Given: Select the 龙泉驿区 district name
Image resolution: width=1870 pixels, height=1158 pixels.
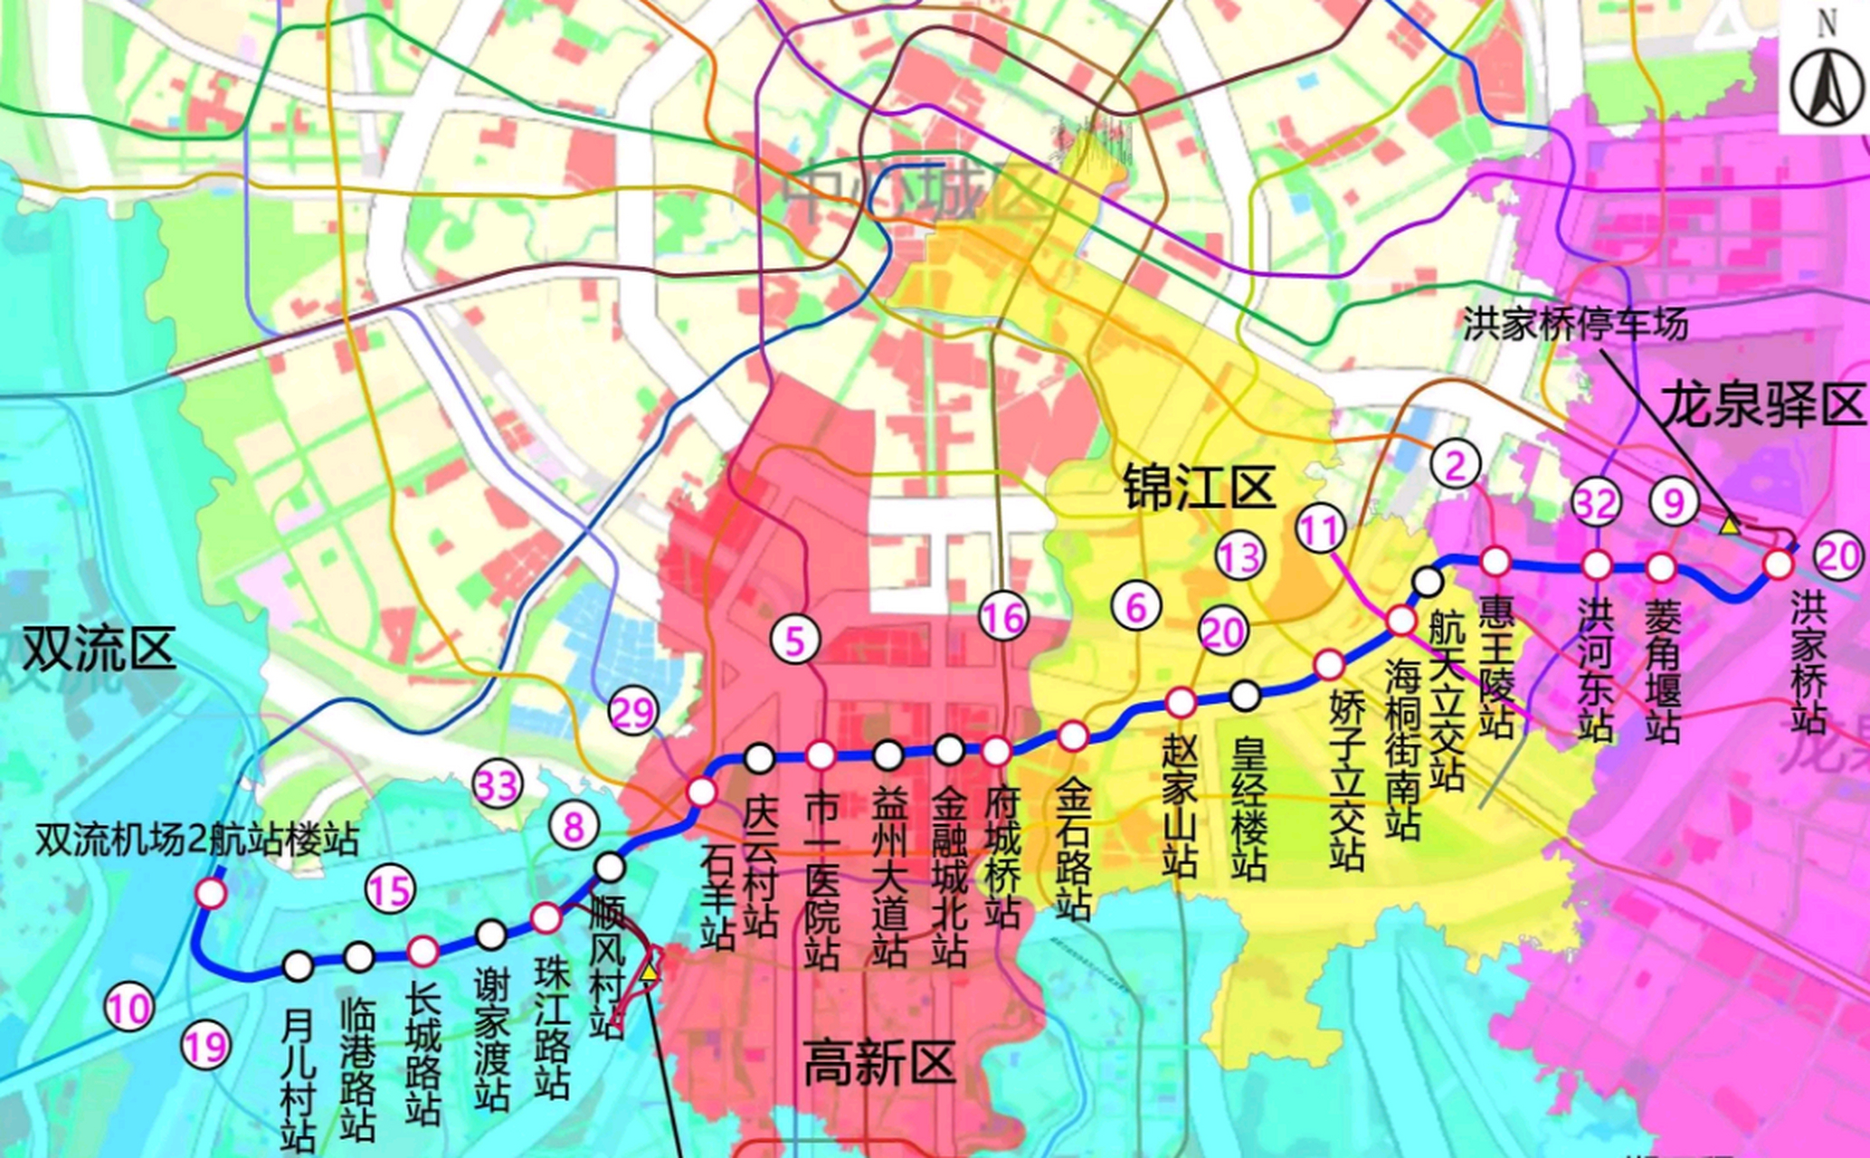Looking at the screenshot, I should [1763, 404].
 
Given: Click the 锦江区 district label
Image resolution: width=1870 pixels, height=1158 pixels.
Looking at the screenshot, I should [1199, 488].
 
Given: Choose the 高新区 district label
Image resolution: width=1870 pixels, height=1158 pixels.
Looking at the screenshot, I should [879, 1062].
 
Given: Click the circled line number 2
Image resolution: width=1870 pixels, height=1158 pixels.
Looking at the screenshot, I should [1456, 464].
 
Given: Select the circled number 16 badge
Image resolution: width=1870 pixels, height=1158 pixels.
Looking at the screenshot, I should [1003, 619].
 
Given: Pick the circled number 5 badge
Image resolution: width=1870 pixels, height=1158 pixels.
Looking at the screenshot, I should [794, 641].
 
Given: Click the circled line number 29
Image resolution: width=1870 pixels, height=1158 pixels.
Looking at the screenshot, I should [633, 713].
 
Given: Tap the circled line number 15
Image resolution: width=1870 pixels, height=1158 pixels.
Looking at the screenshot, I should [390, 890].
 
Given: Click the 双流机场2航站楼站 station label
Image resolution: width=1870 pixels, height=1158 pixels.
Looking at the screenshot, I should [196, 840].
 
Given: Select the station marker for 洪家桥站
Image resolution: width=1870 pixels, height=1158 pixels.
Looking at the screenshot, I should [1778, 564].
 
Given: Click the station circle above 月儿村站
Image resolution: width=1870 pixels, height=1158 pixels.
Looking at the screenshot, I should [299, 965].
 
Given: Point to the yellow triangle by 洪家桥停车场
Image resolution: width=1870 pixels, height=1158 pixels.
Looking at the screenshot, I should [1729, 525].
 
